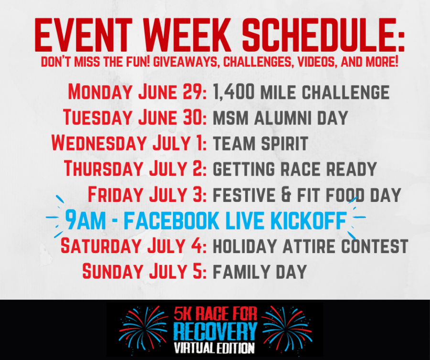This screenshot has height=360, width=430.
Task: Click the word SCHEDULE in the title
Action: pos(323,35)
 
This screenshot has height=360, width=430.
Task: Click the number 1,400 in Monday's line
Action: pos(234,92)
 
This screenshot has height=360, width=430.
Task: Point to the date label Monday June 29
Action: pos(137,92)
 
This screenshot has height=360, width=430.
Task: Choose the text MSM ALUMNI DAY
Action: pos(280,118)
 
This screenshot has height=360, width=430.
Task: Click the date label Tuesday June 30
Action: pos(135,117)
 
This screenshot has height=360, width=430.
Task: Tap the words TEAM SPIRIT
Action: pos(260,143)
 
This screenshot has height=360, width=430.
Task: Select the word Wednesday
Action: pos(99,143)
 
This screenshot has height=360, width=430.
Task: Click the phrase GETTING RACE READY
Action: pos(295,169)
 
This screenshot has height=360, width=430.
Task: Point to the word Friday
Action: pos(116,194)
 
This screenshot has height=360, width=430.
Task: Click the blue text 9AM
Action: pos(86,220)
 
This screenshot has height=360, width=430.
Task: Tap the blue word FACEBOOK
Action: pos(172,220)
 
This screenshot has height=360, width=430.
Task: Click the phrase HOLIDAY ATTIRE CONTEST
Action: pos(311,246)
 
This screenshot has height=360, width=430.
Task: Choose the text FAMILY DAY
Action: pos(260,272)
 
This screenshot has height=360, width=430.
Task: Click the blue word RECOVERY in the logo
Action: pos(215,331)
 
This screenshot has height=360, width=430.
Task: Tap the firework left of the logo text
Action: pos(144,328)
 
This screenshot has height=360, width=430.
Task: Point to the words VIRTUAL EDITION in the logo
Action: pos(215,348)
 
